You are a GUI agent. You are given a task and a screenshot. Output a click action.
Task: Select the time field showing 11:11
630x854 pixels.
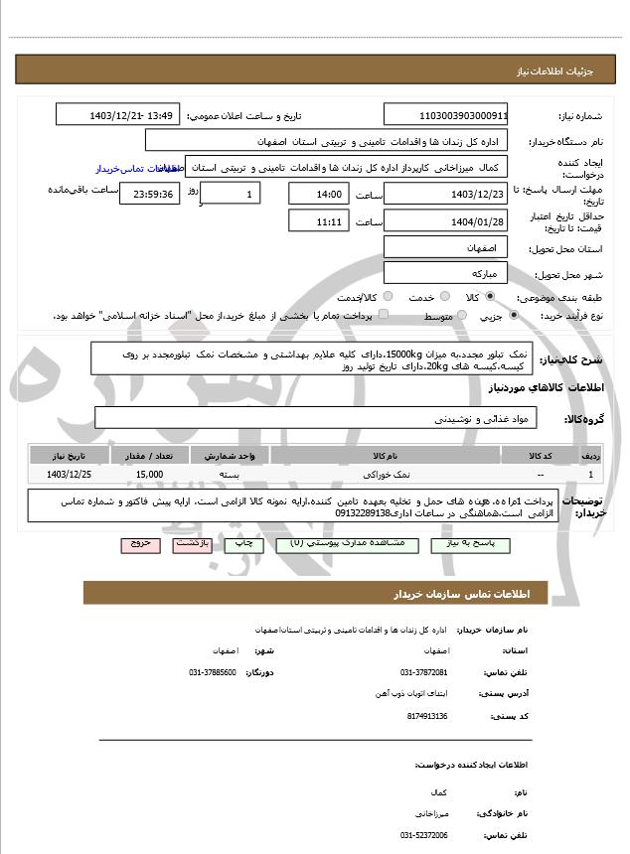[319, 221]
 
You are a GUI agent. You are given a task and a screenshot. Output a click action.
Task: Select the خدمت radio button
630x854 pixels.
[443, 297]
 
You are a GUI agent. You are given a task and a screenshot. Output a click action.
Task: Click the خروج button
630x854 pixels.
[138, 545]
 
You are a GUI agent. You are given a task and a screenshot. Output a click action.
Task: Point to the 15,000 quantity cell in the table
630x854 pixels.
[149, 476]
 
